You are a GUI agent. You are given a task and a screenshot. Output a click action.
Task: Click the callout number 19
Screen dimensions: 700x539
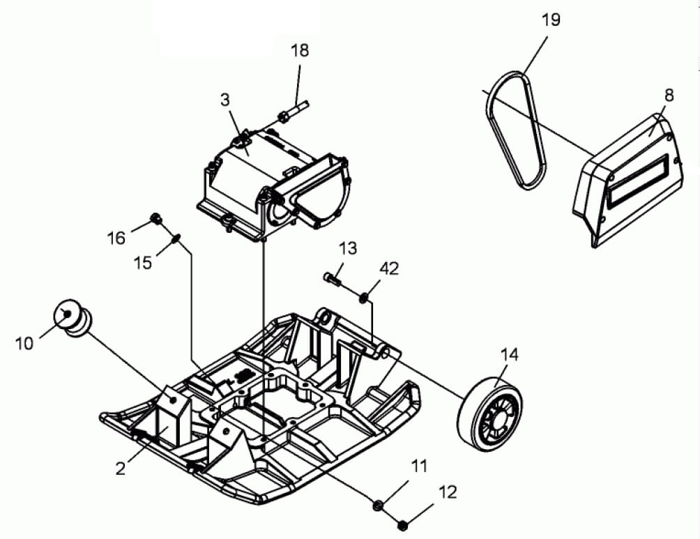[551, 20]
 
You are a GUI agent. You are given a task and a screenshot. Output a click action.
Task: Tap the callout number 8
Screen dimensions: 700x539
[669, 95]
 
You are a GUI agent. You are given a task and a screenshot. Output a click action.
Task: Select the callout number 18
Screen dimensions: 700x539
[300, 50]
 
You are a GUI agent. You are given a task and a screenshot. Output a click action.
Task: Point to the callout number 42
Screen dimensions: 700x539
[389, 268]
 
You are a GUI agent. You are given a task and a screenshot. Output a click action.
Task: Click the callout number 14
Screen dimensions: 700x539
[510, 354]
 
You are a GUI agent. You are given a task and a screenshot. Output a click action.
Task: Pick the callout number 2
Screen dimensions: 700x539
[121, 469]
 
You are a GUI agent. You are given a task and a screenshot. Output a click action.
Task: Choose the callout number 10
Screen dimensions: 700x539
[24, 343]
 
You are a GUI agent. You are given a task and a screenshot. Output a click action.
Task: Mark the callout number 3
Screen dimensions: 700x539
[225, 100]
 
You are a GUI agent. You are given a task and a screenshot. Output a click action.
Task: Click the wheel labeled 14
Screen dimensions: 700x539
[489, 413]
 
